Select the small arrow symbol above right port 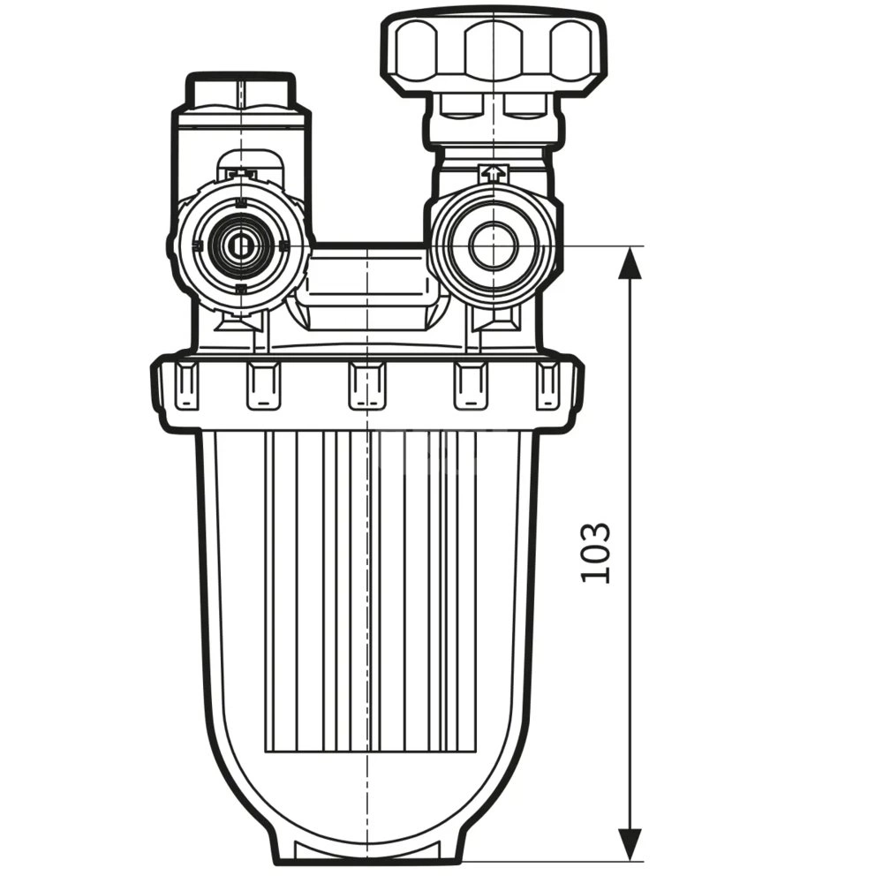pos(492,174)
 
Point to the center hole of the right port pos(493,246)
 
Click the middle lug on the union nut pos(366,387)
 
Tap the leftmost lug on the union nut pos(186,386)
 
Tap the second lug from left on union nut pos(263,387)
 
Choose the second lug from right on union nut pos(471,387)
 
